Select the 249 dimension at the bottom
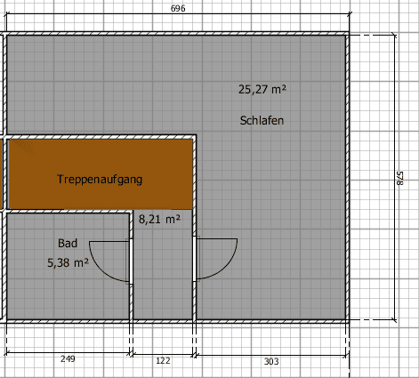click(68, 360)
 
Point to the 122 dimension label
click(163, 360)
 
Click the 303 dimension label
click(271, 360)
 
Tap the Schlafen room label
click(262, 119)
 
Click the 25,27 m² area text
click(262, 89)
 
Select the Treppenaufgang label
click(100, 179)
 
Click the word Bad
click(68, 243)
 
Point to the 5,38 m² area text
click(68, 262)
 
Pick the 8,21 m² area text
click(159, 218)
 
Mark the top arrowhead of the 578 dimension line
click(394, 36)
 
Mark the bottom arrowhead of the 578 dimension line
click(394, 318)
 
